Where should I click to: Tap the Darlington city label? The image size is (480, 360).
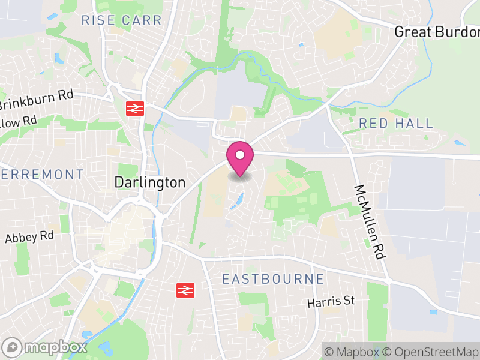[150, 182]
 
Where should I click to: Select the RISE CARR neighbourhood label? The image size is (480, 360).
[122, 20]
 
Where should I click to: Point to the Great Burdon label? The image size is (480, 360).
[436, 32]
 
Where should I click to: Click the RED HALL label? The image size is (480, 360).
[395, 124]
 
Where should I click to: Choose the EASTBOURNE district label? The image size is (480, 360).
[273, 279]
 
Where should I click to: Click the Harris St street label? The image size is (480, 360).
[332, 302]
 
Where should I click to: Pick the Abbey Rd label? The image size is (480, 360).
[29, 237]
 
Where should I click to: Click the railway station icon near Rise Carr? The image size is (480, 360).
[134, 109]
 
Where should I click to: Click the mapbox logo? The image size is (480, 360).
[45, 347]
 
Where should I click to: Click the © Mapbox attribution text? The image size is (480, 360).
[352, 351]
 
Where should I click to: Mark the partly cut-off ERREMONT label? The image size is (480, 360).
[42, 175]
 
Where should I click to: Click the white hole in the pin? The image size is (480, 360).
[239, 155]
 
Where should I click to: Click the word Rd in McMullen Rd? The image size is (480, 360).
[379, 249]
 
